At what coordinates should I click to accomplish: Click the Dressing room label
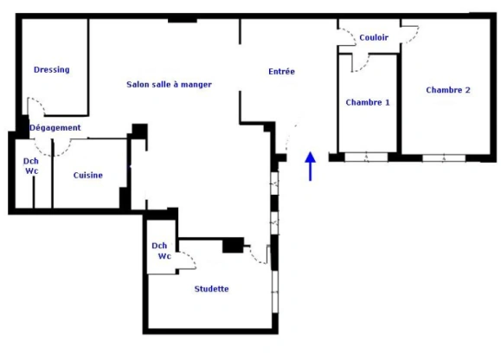51,70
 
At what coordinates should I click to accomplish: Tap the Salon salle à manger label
169,84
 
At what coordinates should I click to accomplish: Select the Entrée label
282,72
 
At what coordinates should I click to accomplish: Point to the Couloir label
374,38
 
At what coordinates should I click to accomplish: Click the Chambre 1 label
368,102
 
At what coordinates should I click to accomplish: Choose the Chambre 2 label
448,90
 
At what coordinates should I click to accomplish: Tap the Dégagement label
55,128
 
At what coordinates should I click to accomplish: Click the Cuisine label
88,176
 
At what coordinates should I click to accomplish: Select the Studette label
212,289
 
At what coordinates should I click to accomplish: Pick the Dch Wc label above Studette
161,251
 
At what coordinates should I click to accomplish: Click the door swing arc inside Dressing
36,106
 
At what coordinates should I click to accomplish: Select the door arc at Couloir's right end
412,31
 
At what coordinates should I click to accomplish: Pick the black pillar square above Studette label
231,246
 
